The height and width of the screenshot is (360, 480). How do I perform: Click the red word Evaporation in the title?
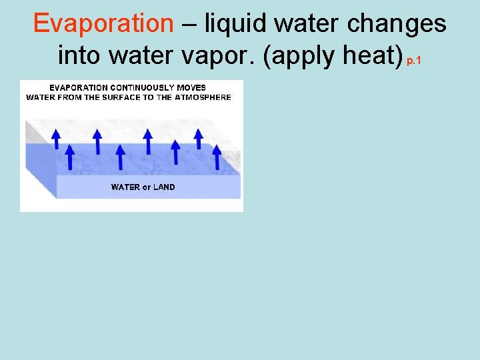103,24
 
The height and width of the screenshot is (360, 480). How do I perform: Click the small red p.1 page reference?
413,61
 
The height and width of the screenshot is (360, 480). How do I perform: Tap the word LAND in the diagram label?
164,187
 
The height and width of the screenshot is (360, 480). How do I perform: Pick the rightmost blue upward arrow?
217,157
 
